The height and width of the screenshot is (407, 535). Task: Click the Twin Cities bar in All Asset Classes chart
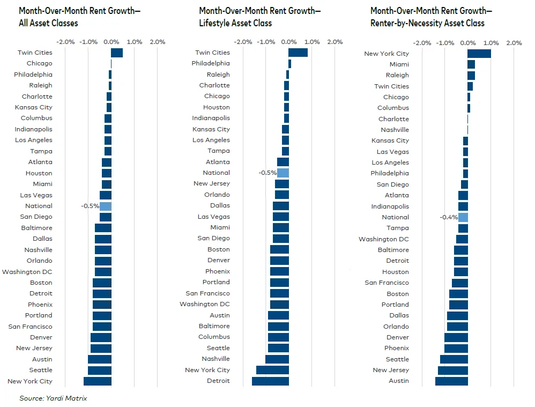(x=117, y=53)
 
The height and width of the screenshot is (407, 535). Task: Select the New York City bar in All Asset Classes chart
(x=98, y=381)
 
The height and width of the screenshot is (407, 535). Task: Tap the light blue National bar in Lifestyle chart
(x=283, y=173)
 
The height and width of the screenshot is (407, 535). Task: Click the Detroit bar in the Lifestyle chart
(x=270, y=381)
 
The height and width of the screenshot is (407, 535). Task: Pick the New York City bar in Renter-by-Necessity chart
(x=479, y=54)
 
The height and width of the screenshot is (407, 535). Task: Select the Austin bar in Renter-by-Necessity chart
(x=451, y=381)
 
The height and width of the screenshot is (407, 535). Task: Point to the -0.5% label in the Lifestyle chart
(x=267, y=173)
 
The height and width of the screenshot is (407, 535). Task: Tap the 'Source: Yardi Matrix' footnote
(x=53, y=398)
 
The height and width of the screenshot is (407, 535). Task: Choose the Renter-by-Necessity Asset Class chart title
(x=431, y=17)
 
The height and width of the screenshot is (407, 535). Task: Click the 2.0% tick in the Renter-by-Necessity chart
(x=514, y=43)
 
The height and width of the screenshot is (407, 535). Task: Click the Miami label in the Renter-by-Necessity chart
(x=399, y=64)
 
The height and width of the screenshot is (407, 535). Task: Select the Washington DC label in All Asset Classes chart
(x=27, y=272)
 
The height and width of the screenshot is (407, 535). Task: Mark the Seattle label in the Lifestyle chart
(x=219, y=348)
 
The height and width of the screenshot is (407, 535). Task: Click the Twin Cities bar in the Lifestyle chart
(x=298, y=53)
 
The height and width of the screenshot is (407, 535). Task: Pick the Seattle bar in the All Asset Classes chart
(x=100, y=370)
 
